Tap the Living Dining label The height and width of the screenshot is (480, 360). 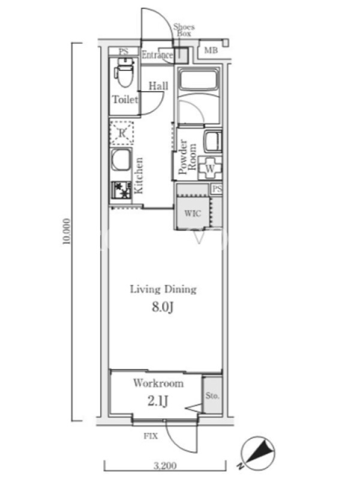tap(163, 289)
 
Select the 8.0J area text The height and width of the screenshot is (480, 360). tap(163, 307)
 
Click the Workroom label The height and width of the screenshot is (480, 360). tap(158, 383)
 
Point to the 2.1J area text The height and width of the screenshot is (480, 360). tap(158, 401)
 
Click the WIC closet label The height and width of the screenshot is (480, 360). tap(193, 213)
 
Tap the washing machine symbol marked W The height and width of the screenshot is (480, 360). tap(210, 168)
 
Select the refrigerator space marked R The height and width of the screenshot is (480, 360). tap(122, 133)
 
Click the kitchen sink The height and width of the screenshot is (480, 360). tap(121, 160)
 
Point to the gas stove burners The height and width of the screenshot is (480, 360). tap(121, 190)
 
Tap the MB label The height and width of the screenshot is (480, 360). tap(211, 50)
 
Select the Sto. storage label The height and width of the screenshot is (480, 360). tap(212, 396)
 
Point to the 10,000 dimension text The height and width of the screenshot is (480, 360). tap(67, 231)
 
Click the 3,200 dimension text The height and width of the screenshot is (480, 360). tap(165, 466)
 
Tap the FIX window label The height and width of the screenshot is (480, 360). tap(151, 436)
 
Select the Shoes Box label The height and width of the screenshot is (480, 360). tap(184, 31)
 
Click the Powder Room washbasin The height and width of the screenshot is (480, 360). tap(213, 142)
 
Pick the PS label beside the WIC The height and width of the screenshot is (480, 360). tap(217, 189)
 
